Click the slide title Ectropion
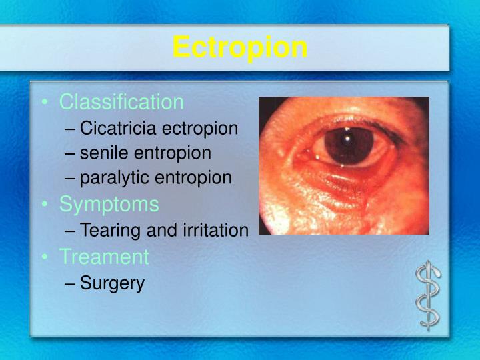point(240,48)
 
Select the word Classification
point(121,102)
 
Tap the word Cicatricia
point(119,128)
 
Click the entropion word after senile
point(173,153)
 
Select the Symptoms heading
point(109,204)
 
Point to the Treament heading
point(104,257)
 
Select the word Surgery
point(112,283)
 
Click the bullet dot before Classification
point(44,103)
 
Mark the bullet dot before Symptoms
point(44,205)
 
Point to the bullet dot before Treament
point(44,257)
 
